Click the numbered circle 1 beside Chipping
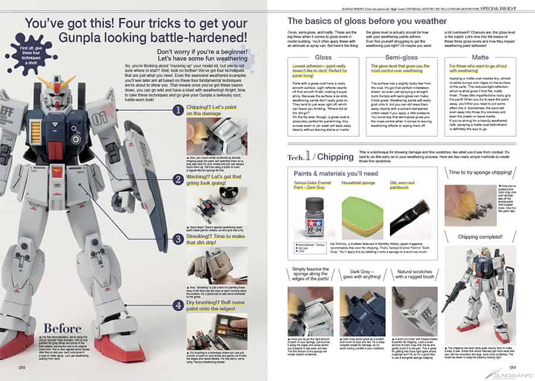click(178, 110)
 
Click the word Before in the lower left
click(63, 329)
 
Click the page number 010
click(22, 368)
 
